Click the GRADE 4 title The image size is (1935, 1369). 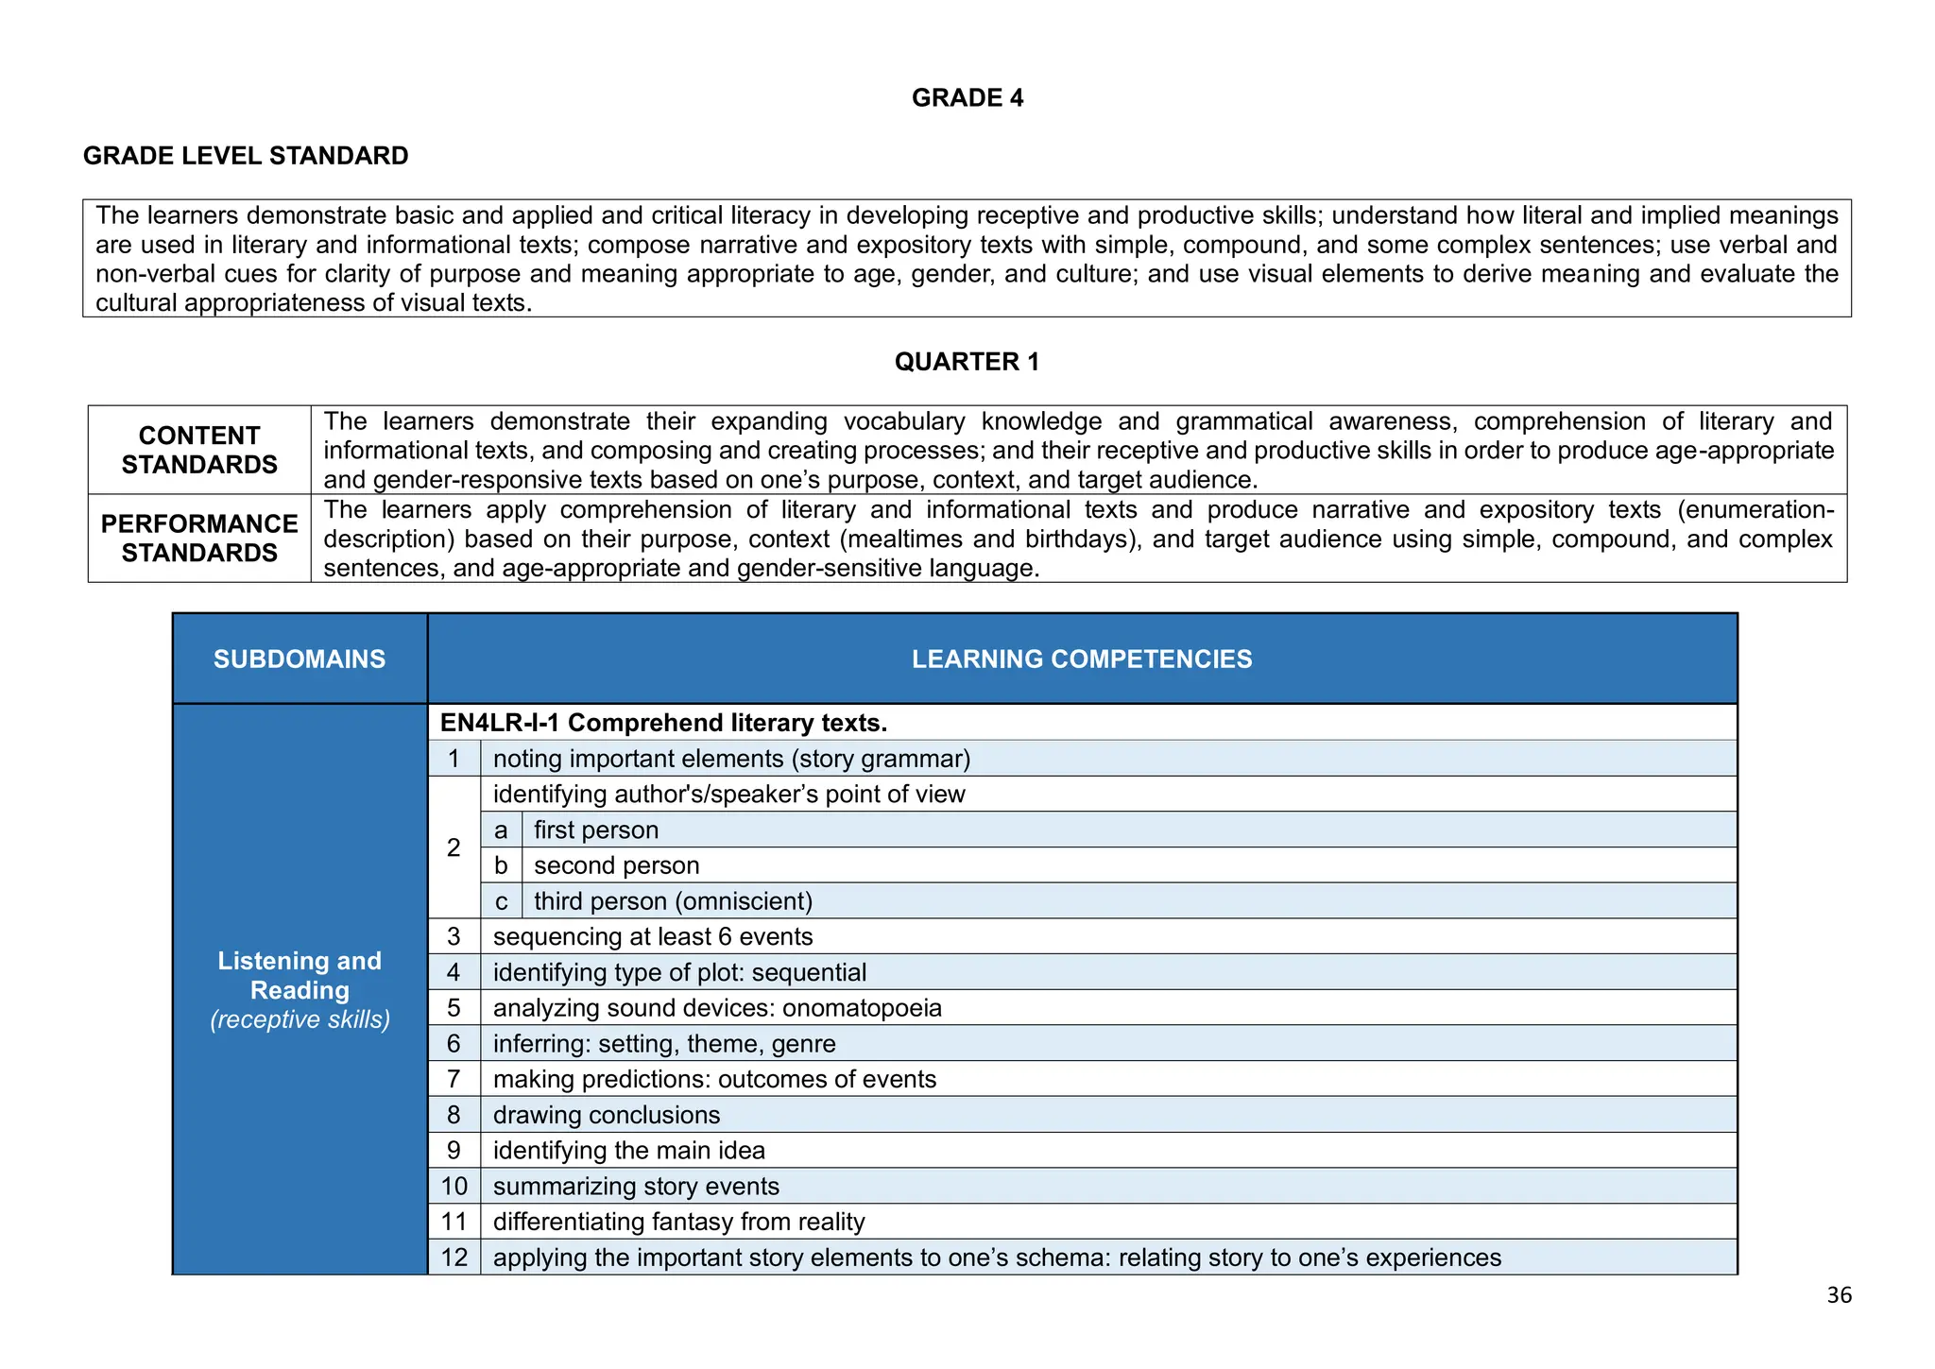[967, 98]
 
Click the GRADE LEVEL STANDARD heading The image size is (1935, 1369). [246, 156]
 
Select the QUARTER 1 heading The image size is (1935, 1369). [967, 362]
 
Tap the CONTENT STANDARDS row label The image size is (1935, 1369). [199, 450]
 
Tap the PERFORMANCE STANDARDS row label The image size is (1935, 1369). [199, 538]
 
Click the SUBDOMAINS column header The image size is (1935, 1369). [300, 659]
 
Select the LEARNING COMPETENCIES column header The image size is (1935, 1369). [1081, 659]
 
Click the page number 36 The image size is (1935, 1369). [1839, 1295]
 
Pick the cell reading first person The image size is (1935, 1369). [596, 830]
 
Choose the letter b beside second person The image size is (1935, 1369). [501, 865]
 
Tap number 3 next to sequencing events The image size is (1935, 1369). [454, 936]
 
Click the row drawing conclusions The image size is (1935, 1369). [607, 1115]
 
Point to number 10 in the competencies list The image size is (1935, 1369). [454, 1187]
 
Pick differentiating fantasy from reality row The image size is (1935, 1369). [678, 1223]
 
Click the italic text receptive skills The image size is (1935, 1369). [300, 1020]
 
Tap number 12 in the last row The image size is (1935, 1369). [454, 1258]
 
